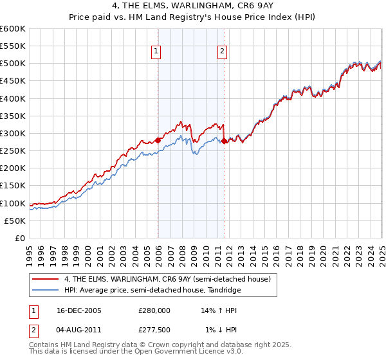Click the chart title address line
click(x=193, y=8)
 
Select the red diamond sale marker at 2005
click(x=158, y=140)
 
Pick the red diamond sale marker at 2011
click(x=224, y=141)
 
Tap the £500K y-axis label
click(x=13, y=64)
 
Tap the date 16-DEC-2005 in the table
click(x=78, y=310)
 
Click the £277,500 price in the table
click(x=154, y=330)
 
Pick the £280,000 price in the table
click(x=154, y=310)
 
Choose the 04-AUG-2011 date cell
click(x=78, y=330)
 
